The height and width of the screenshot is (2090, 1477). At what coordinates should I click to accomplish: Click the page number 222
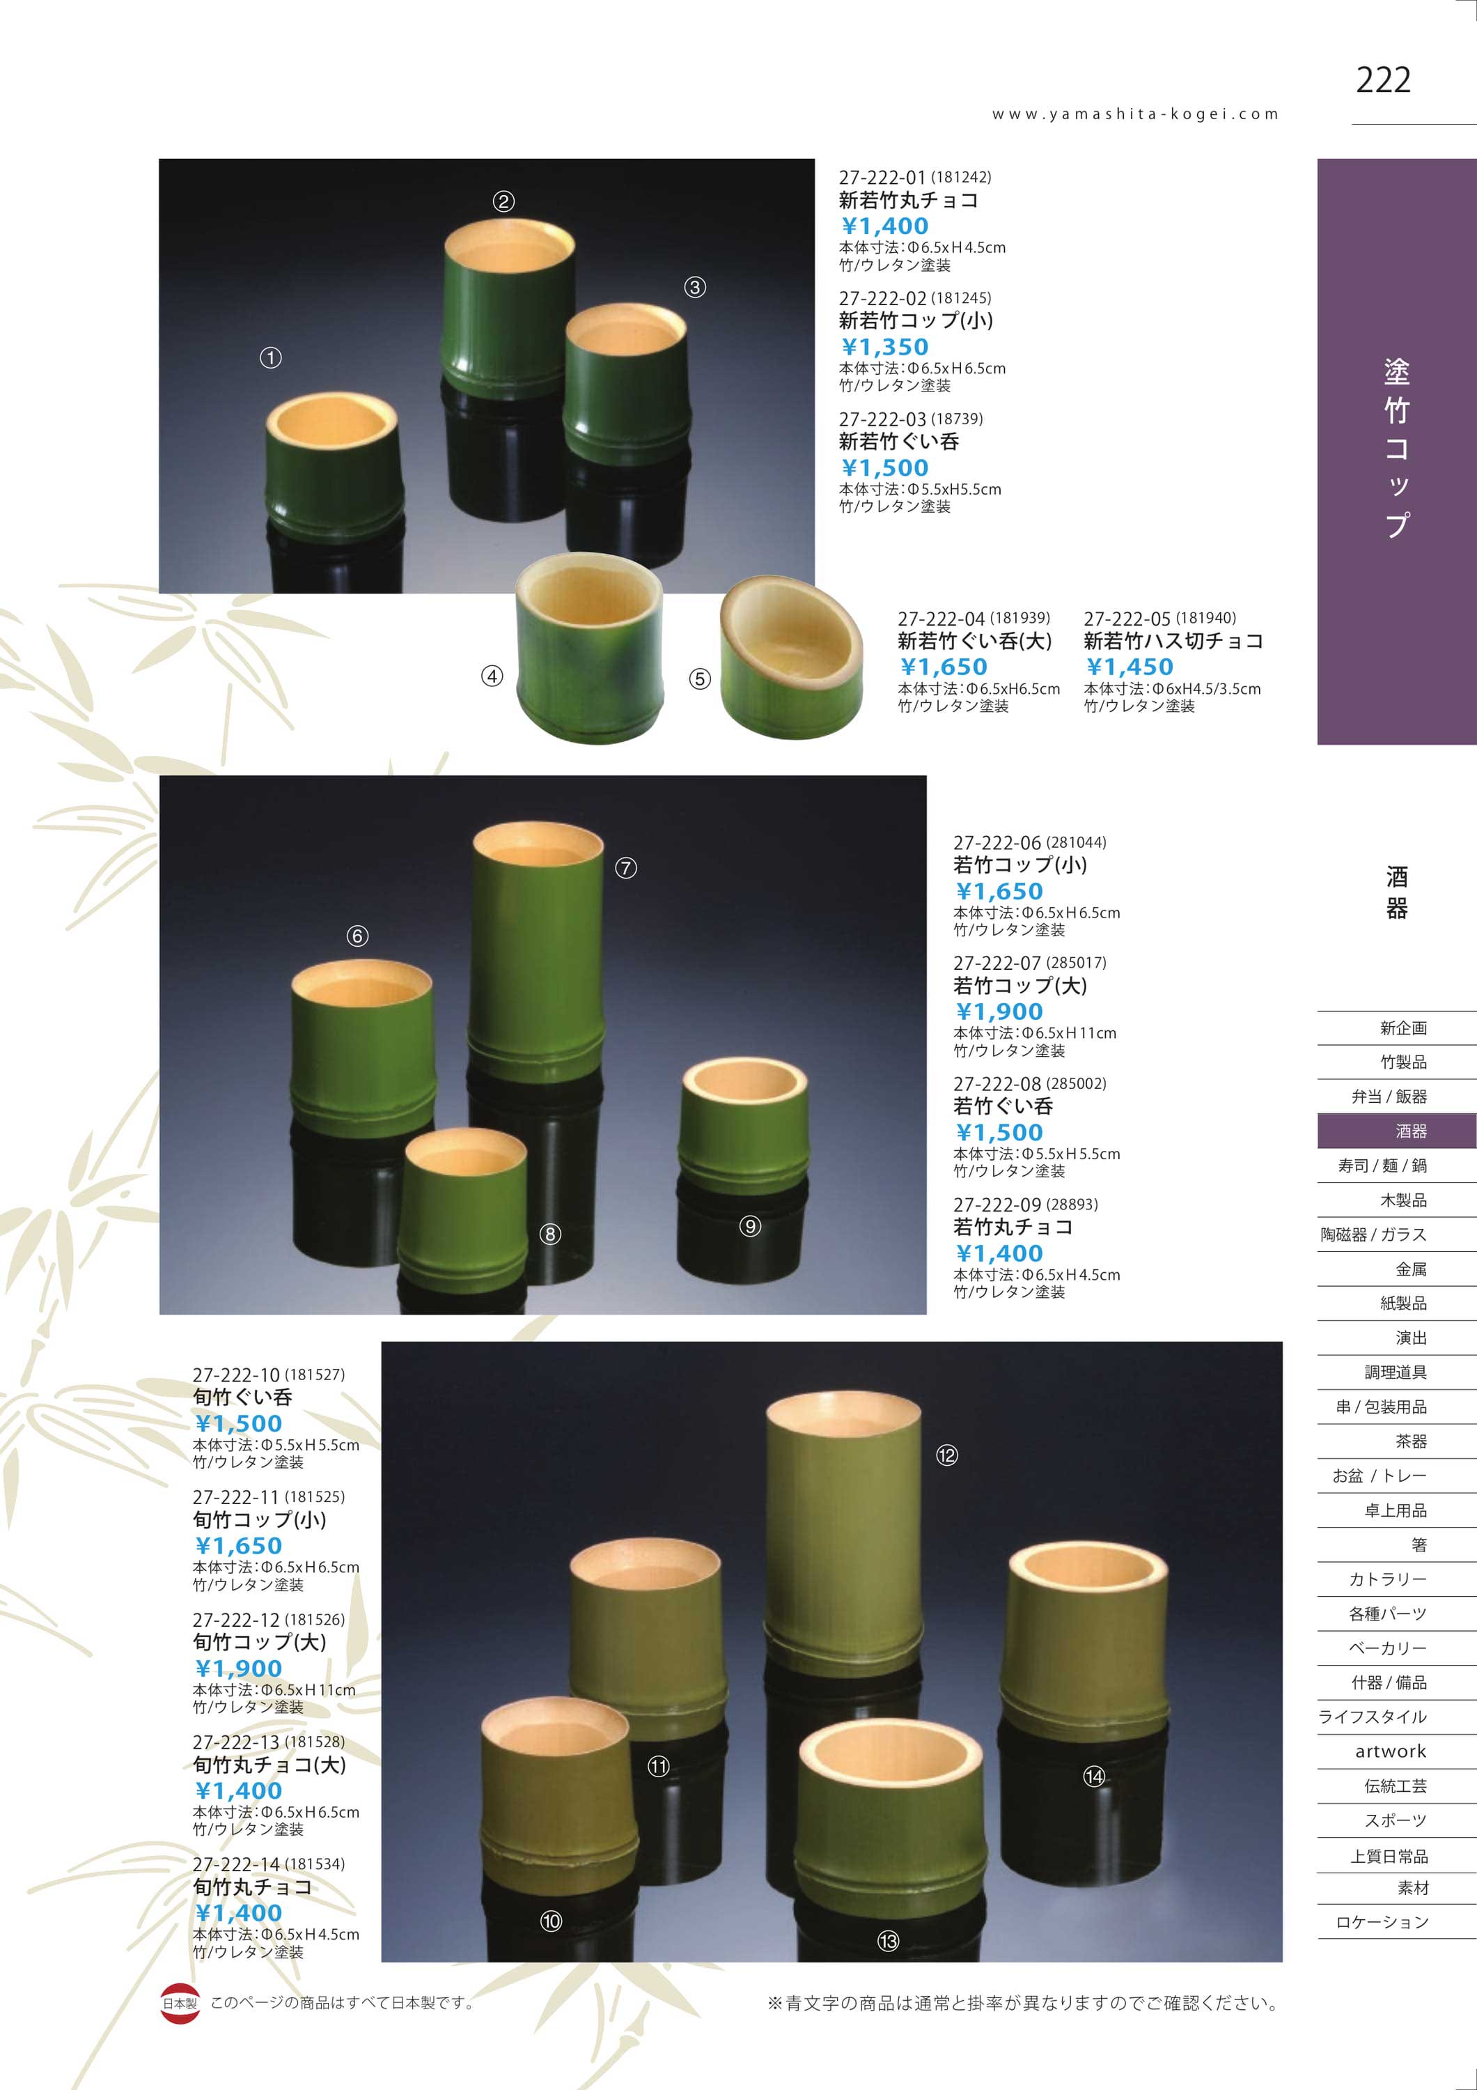[x=1382, y=80]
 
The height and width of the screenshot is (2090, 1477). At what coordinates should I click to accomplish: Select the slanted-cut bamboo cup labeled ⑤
[x=791, y=659]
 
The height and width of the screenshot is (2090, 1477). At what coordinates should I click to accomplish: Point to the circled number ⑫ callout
[x=946, y=1455]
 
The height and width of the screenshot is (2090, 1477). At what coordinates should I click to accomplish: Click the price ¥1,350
[x=884, y=347]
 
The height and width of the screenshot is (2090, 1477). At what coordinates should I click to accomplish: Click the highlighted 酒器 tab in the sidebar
[x=1397, y=1131]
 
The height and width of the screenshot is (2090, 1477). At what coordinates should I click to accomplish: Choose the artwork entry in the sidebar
[x=1390, y=1751]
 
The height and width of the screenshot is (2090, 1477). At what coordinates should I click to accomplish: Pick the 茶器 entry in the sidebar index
[x=1411, y=1441]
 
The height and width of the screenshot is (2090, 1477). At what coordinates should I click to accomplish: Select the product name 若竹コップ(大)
[x=1020, y=985]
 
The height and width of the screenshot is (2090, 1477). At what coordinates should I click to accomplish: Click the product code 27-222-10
[x=235, y=1375]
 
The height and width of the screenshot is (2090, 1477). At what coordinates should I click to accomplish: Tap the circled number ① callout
[x=270, y=358]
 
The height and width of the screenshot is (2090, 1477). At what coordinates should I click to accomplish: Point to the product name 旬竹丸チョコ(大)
[x=269, y=1764]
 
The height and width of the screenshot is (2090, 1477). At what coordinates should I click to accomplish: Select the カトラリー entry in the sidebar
[x=1387, y=1579]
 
